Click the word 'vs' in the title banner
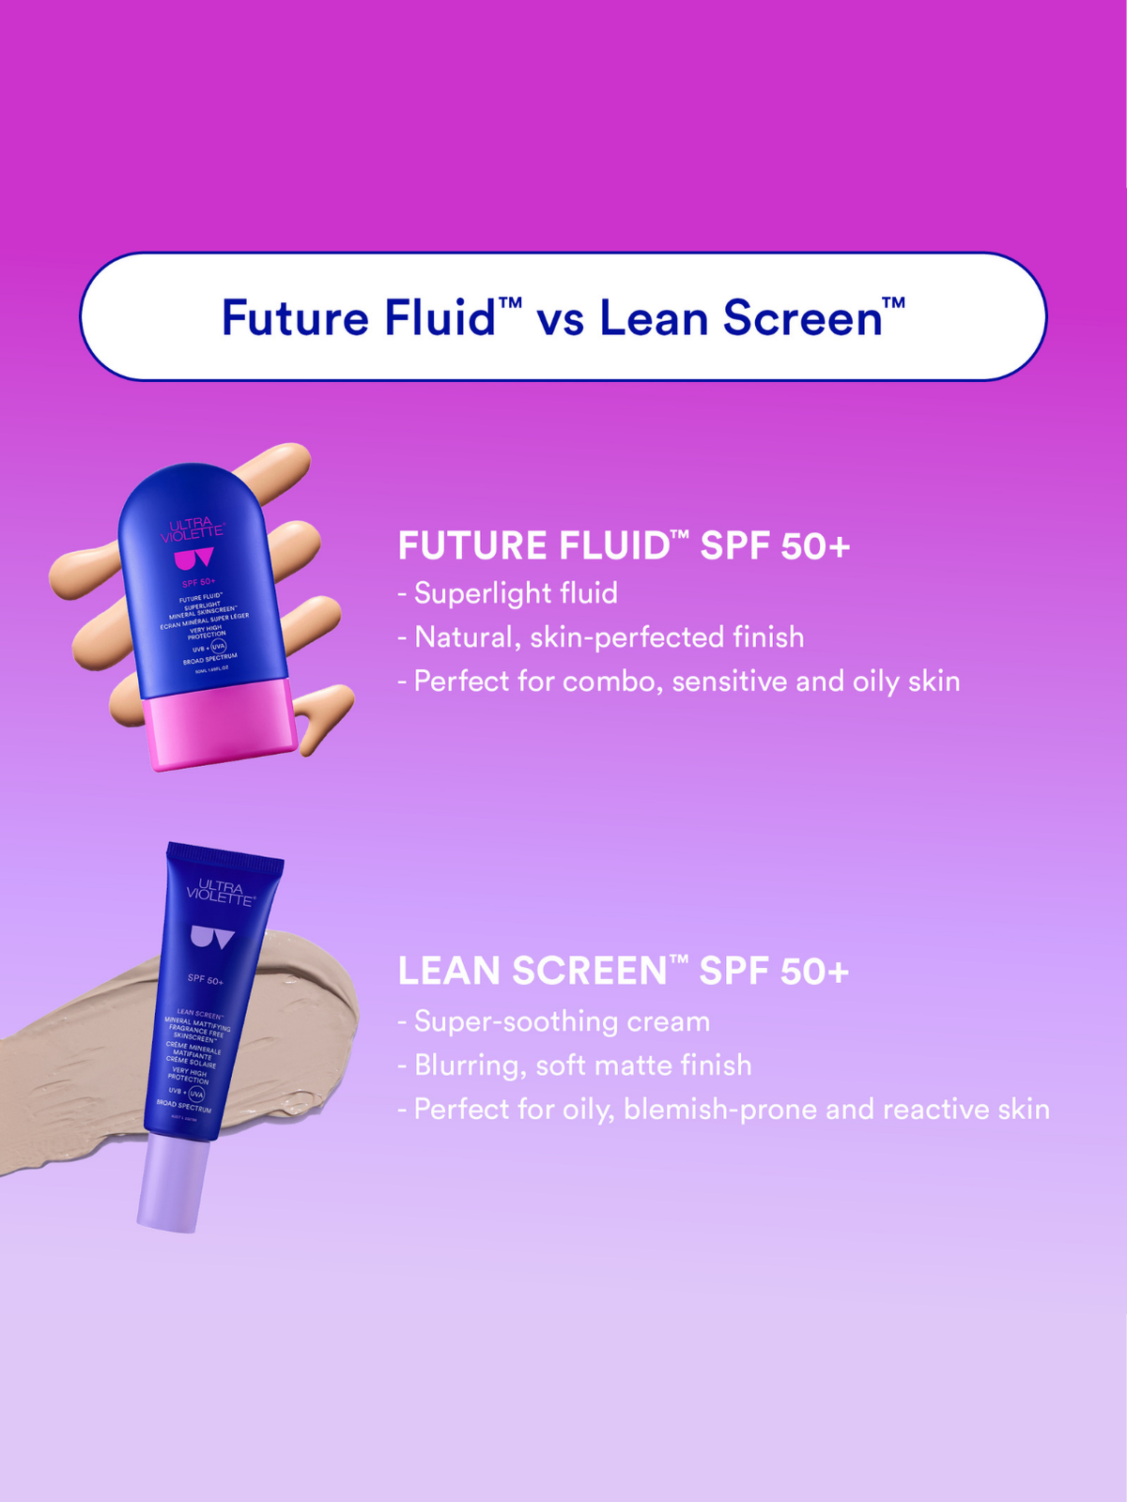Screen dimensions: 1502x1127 click(x=560, y=319)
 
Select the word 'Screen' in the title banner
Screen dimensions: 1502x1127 click(x=803, y=317)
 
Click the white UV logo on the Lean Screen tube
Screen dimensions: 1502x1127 click(x=212, y=938)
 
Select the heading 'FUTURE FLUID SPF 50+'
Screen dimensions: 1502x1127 click(x=624, y=545)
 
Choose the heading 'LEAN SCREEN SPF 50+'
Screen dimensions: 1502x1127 click(x=623, y=971)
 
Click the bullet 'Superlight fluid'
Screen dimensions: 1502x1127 click(x=515, y=593)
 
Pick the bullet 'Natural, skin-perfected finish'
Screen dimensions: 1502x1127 click(x=609, y=637)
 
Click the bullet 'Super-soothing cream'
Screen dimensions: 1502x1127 click(x=561, y=1021)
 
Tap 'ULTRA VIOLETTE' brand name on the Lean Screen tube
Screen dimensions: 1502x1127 click(x=219, y=893)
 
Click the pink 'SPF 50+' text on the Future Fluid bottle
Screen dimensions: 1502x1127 click(x=199, y=583)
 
